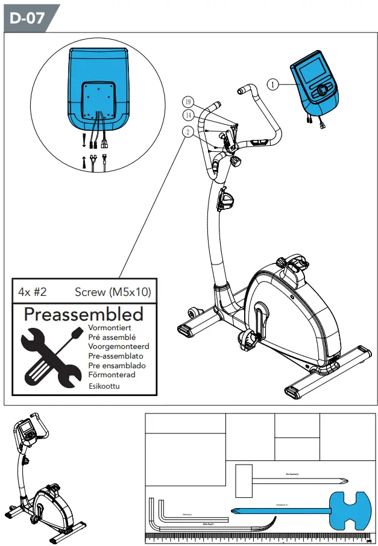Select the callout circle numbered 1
[273, 85]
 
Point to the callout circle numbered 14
[189, 115]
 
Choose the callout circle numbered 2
[189, 131]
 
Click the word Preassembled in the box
[84, 314]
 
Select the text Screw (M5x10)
[113, 292]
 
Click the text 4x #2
[33, 292]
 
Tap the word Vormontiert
[110, 328]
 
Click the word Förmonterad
[112, 375]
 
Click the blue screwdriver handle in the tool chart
[348, 510]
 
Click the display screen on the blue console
[313, 72]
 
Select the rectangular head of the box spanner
[244, 480]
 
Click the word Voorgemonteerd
[119, 347]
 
